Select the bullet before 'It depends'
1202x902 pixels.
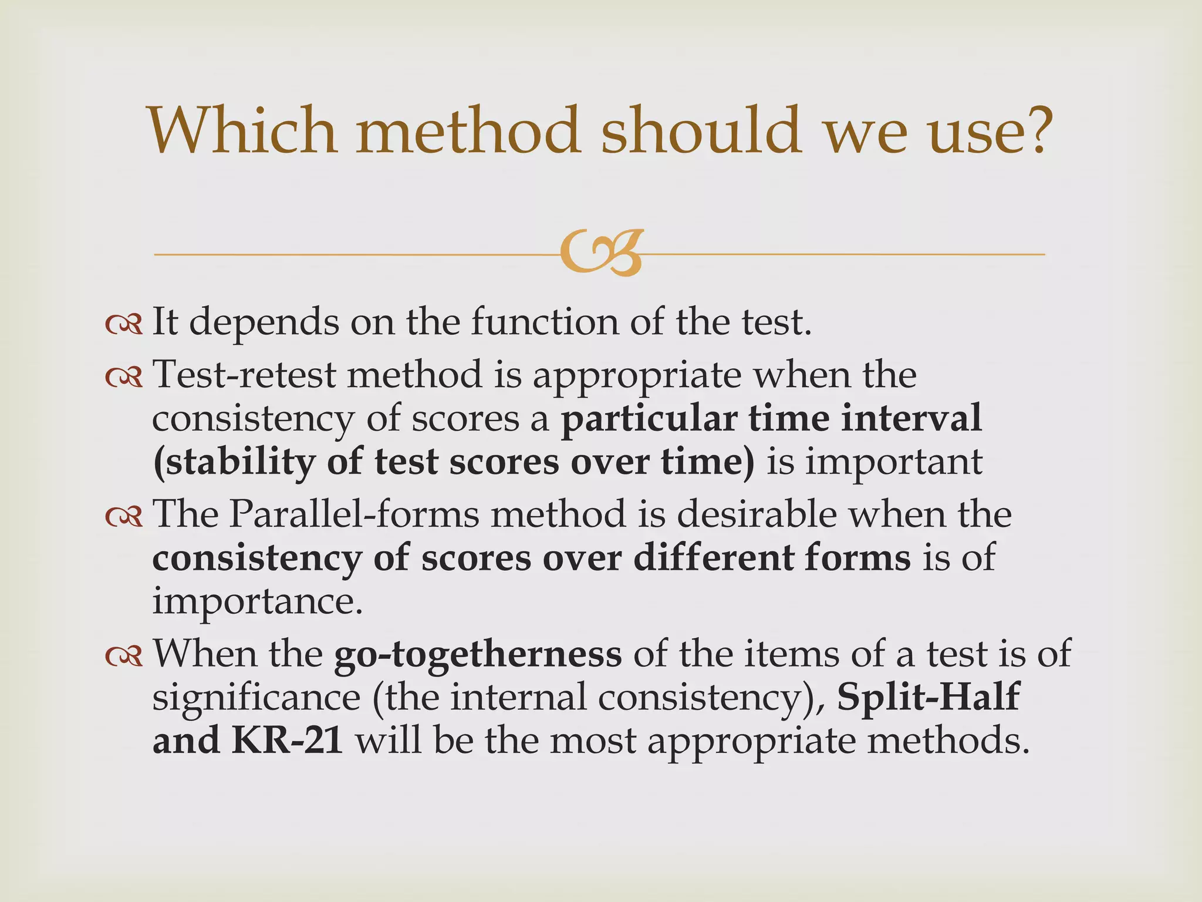coord(124,324)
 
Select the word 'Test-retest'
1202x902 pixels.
coord(244,375)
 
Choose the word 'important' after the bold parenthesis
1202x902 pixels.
coord(893,463)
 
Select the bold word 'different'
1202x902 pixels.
coord(713,558)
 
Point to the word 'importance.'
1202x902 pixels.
coord(258,602)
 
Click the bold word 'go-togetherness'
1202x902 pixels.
coord(478,654)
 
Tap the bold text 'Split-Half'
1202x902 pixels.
coord(928,698)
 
